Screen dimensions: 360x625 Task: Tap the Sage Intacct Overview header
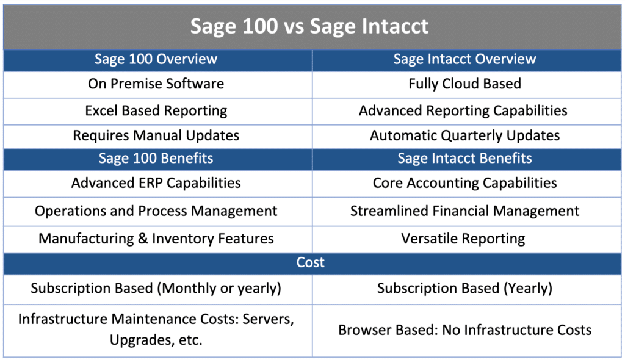[464, 59]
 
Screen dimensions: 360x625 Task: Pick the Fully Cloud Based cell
[464, 84]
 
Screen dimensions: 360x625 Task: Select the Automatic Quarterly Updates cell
[464, 135]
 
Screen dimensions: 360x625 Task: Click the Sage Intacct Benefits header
[464, 159]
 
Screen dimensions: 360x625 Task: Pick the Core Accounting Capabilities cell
[464, 182]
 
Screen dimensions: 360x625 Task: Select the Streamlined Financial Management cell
[464, 211]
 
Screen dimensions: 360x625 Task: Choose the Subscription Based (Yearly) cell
[464, 288]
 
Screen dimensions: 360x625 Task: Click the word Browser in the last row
[364, 330]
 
